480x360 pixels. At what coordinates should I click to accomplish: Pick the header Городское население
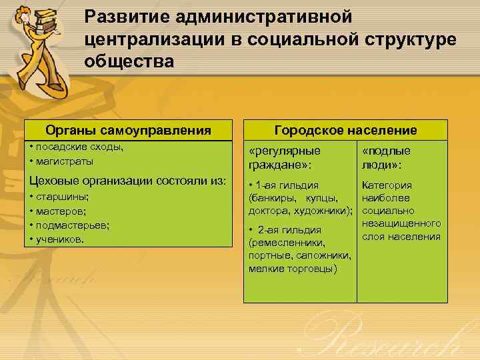[346, 130]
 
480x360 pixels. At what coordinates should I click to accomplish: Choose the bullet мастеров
[60, 211]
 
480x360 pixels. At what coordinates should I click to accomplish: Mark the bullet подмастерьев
[70, 225]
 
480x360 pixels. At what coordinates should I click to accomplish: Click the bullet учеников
[59, 239]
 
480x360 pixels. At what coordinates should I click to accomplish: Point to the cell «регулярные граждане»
[284, 157]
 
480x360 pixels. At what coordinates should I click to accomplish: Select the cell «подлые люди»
[386, 157]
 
